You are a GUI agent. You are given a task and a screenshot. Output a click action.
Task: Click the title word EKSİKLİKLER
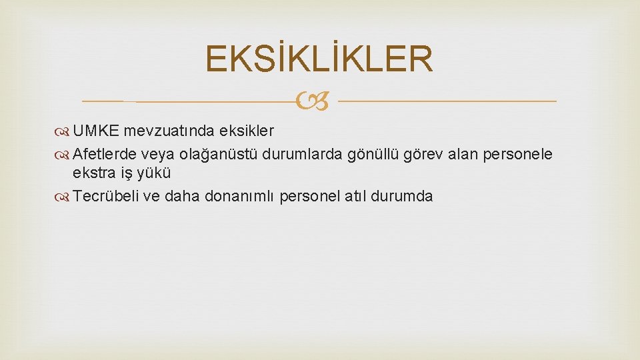click(x=319, y=59)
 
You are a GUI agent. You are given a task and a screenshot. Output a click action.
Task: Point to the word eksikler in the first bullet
click(x=250, y=129)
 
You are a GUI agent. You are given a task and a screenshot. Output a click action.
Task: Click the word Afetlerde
click(x=104, y=155)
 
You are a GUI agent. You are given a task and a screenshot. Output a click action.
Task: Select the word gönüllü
click(x=373, y=155)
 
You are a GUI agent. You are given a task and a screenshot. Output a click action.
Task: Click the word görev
click(x=422, y=155)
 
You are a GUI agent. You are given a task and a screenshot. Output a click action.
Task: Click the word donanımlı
click(x=243, y=197)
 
